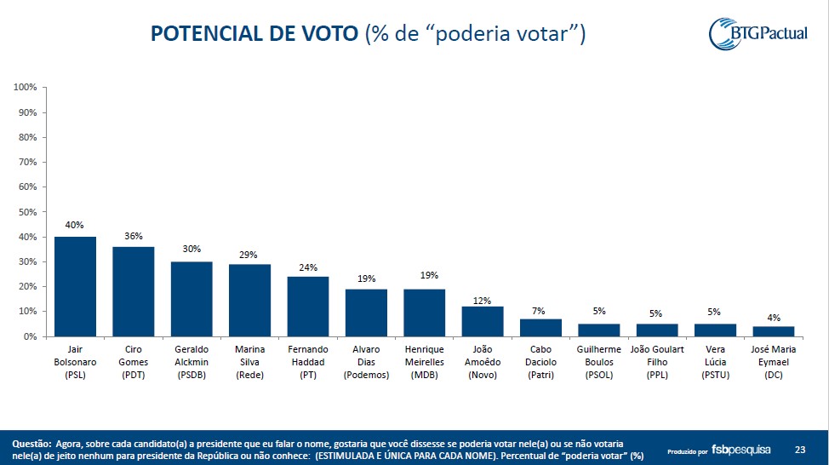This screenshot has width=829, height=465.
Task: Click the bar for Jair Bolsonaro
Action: pos(75,286)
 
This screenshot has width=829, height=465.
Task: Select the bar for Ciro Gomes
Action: pos(133,291)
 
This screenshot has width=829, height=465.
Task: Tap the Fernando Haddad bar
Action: pos(307,307)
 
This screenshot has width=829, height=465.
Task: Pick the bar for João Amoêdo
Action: pos(483,321)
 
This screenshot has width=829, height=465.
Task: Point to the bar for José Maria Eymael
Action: pos(774,331)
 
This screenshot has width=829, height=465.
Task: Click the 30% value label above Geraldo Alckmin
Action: pos(192,250)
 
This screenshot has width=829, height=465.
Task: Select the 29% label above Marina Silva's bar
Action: pos(249,254)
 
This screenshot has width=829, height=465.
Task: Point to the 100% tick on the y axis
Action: pos(25,88)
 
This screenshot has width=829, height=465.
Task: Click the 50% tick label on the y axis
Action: pos(27,212)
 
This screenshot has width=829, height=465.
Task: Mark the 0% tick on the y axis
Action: pos(30,337)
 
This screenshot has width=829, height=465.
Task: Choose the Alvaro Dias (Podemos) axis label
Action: pos(366,363)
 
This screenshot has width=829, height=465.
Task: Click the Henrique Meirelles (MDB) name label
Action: pos(424,363)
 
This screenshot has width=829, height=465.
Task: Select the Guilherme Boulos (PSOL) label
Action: pos(599,363)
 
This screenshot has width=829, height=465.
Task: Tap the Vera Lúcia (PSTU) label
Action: pos(715,363)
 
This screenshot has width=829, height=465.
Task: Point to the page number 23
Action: pos(799,450)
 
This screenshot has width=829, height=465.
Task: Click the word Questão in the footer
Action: pos(31,444)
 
